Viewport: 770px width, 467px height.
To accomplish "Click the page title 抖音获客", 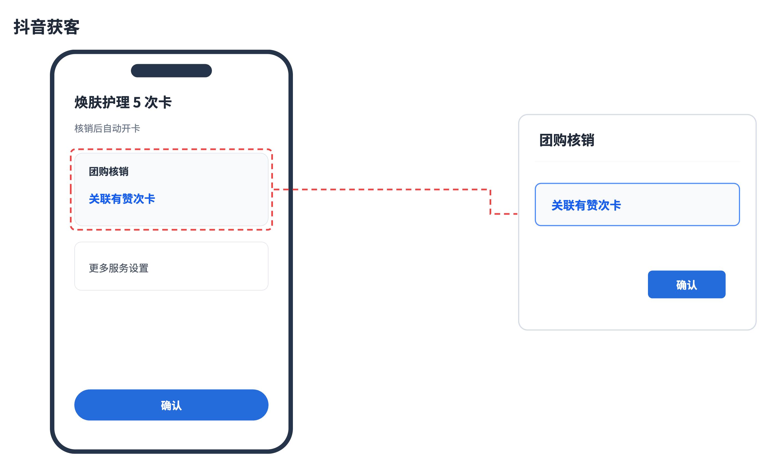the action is [47, 27].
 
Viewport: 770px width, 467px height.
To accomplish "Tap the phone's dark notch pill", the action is [171, 71].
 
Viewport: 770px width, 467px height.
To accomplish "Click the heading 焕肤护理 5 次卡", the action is [123, 102].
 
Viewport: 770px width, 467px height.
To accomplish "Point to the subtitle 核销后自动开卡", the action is [107, 128].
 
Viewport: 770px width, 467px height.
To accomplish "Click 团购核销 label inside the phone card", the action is [108, 171].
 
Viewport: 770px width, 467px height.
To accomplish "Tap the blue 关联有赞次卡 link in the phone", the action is [122, 199].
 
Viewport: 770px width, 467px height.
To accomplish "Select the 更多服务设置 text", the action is [118, 268].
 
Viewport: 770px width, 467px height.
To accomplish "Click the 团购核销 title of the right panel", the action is [567, 140].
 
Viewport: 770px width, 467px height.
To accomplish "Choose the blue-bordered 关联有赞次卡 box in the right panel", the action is [637, 205].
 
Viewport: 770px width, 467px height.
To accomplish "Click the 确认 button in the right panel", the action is [687, 284].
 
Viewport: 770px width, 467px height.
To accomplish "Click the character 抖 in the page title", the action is [22, 27].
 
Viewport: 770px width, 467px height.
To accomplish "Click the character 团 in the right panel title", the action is [546, 140].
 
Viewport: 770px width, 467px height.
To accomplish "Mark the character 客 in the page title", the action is [72, 27].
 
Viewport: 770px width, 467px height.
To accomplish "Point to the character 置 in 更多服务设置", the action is [143, 268].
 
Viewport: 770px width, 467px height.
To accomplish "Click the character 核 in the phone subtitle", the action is [79, 128].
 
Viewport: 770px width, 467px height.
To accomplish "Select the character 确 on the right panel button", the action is [681, 285].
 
